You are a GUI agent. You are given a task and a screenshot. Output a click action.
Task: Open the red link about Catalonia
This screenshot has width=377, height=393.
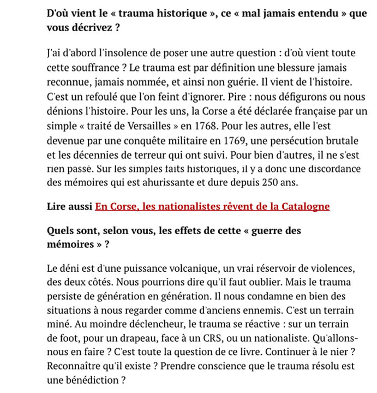click(212, 206)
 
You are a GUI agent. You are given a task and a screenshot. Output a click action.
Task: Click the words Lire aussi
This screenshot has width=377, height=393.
click(69, 206)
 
